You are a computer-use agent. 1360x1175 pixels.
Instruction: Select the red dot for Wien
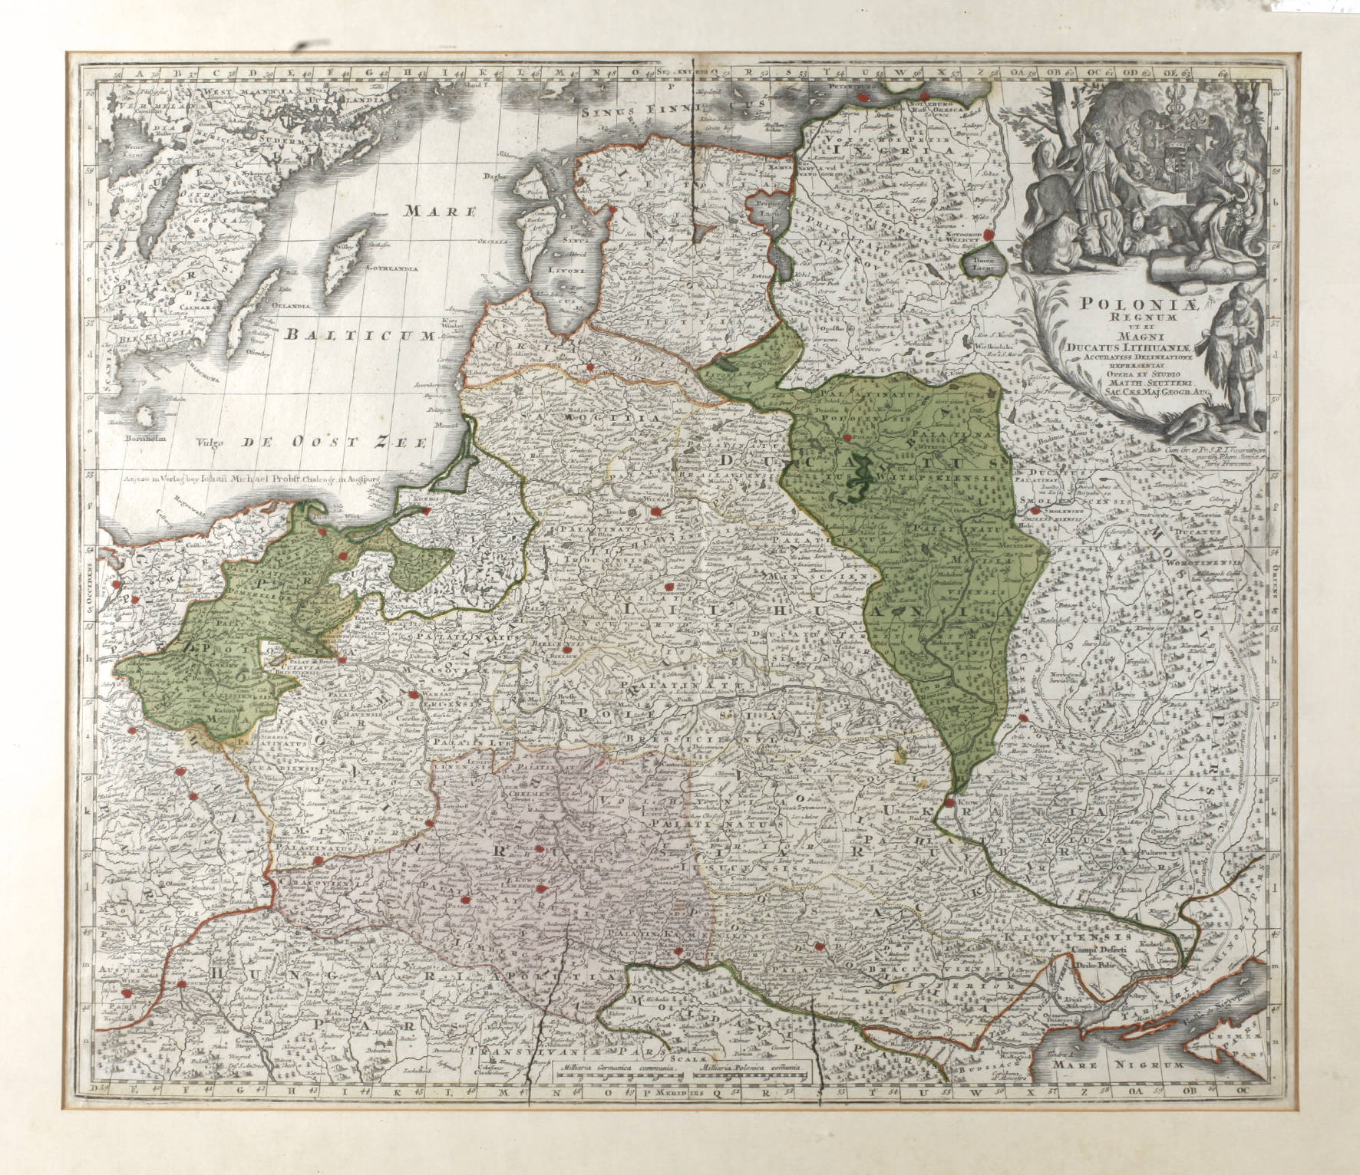click(x=181, y=984)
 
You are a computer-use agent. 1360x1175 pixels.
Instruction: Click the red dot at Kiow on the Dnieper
click(x=950, y=802)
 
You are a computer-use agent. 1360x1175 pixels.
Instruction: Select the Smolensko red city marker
click(x=1035, y=510)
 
